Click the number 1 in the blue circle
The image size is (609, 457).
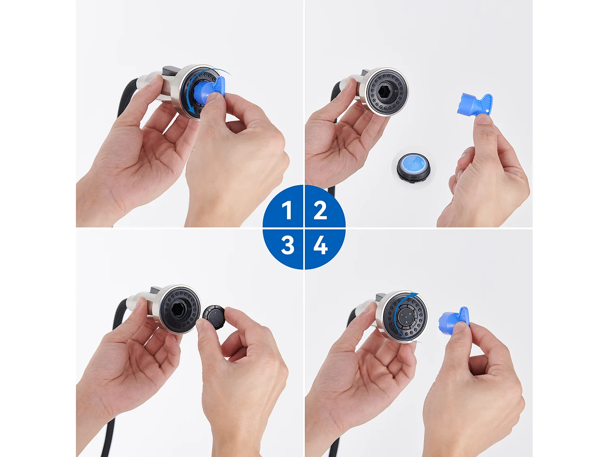coord(287,210)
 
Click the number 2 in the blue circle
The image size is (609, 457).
coord(320,210)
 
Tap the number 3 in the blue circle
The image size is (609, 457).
coord(287,245)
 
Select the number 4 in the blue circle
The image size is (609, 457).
coord(320,245)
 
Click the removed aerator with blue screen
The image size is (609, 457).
coord(413,167)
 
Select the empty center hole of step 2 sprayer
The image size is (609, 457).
coord(384,91)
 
